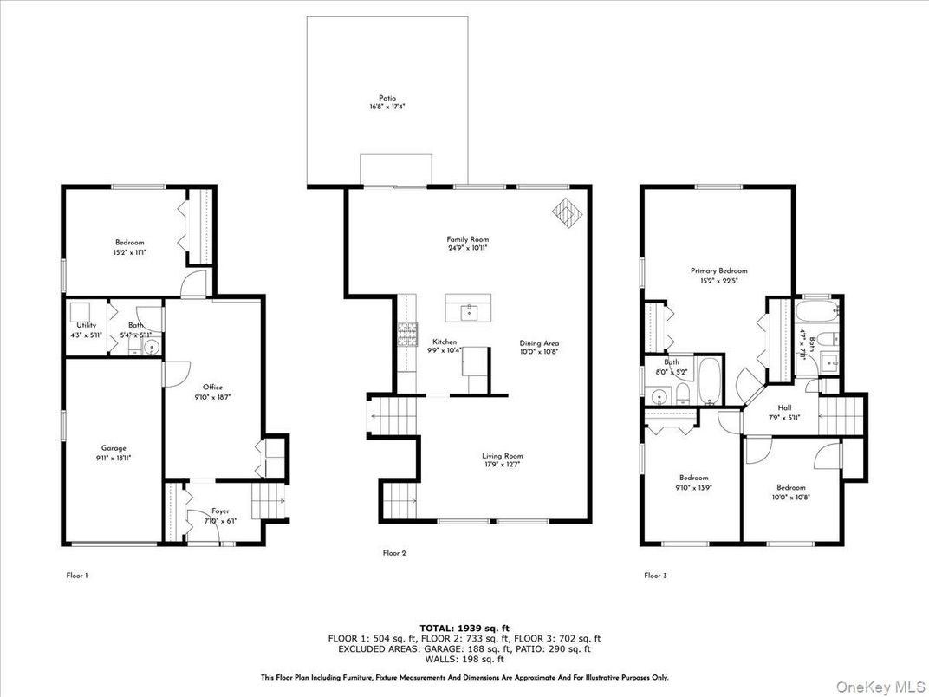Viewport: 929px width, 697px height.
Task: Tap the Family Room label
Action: coord(468,239)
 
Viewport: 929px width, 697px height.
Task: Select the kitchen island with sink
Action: coord(468,308)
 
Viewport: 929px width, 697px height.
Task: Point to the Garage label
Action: coord(114,449)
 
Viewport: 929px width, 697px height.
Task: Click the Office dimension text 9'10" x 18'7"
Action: coord(212,396)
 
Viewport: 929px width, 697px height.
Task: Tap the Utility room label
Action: coord(86,325)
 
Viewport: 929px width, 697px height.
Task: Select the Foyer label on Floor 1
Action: coord(220,511)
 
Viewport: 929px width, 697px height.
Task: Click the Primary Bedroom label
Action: coord(718,270)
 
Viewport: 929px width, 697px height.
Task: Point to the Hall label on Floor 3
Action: coord(783,407)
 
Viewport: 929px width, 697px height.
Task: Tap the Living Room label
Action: coord(503,456)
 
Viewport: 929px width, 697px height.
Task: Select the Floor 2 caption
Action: coord(394,552)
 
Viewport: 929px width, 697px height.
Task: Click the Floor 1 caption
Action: coord(77,575)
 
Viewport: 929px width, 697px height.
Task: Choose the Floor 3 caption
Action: coord(655,575)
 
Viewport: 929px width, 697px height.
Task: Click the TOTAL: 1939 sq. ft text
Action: coord(464,627)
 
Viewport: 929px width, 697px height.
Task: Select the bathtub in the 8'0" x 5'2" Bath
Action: coord(709,381)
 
